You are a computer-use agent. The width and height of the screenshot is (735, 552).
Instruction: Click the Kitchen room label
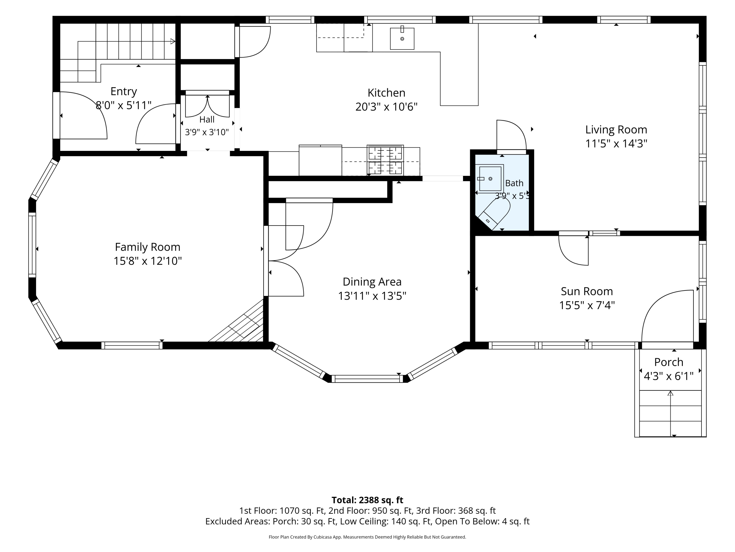[x=386, y=92]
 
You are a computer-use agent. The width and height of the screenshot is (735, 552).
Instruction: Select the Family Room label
[x=147, y=247]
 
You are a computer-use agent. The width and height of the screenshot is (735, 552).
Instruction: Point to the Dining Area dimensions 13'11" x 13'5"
[x=372, y=296]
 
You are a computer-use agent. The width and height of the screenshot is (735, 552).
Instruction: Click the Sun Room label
[x=587, y=291]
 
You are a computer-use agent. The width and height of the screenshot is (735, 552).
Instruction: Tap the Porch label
[x=669, y=362]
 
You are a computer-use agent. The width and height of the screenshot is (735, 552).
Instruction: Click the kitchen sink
[x=402, y=39]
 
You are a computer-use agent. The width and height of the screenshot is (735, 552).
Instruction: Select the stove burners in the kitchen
[x=385, y=160]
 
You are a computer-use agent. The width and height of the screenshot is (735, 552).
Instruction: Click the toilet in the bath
[x=494, y=213]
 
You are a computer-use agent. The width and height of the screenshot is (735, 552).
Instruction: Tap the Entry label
[x=124, y=91]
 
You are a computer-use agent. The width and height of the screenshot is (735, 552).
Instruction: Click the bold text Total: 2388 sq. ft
[x=367, y=500]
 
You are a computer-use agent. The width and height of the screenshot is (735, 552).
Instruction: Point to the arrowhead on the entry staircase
[x=173, y=41]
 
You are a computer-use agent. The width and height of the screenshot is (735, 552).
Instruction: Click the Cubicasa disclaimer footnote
[x=367, y=537]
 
